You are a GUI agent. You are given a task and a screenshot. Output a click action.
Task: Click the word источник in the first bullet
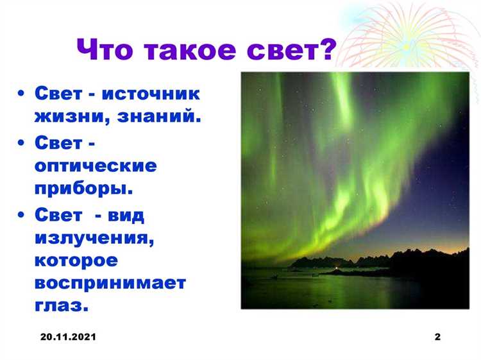click(152, 94)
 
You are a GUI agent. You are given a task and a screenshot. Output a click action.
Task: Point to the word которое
click(76, 260)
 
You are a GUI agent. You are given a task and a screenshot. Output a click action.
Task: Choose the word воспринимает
click(110, 283)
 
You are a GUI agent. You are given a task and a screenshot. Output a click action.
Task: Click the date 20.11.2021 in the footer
click(67, 337)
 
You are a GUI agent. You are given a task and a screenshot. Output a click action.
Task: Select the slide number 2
click(437, 337)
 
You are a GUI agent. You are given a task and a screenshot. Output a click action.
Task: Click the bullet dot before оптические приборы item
click(22, 142)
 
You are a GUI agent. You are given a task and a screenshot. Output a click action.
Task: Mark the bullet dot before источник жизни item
click(22, 95)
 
